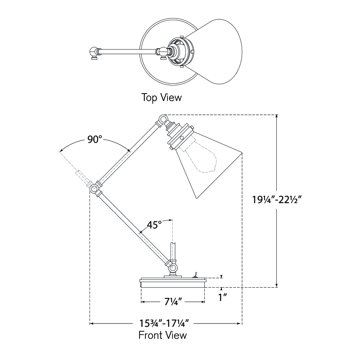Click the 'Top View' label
162,97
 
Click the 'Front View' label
162,335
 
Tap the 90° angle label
94,139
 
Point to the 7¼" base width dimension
173,301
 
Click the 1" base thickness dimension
221,297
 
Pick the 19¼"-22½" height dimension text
277,200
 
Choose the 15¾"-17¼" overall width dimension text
164,324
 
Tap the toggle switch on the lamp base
196,274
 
